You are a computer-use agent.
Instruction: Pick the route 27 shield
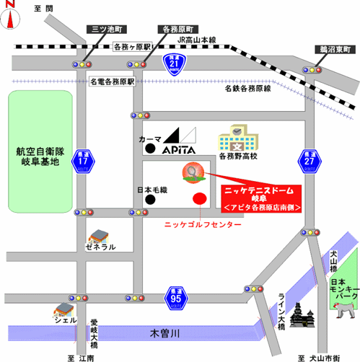coord(309,160)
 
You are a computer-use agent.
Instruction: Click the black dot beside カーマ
coord(149,149)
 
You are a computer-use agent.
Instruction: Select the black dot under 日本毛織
coord(149,198)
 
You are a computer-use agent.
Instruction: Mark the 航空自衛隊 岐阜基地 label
coord(41,156)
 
